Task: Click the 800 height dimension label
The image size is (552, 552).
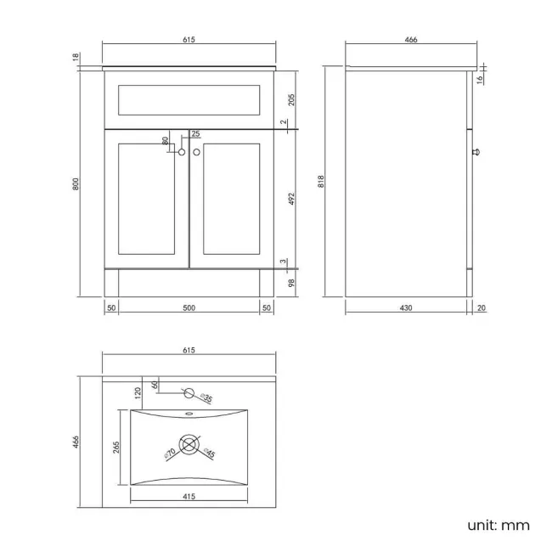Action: [x=76, y=184]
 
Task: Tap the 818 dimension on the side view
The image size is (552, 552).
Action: [x=321, y=181]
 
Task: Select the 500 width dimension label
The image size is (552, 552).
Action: [x=189, y=308]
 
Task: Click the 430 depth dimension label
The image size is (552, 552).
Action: [x=406, y=308]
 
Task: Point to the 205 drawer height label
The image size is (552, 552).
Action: [x=291, y=99]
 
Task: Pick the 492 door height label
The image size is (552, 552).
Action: [x=291, y=199]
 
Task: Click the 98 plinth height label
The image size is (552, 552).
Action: [x=291, y=283]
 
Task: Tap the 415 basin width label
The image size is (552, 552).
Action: [x=189, y=497]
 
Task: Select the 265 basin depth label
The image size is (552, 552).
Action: [x=116, y=447]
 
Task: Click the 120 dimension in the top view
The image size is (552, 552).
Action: [x=138, y=393]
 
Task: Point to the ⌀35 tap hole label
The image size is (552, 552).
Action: [x=206, y=397]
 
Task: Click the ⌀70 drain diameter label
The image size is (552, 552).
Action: [x=170, y=454]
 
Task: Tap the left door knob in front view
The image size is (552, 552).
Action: [x=182, y=152]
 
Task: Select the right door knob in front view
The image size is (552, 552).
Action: [x=196, y=152]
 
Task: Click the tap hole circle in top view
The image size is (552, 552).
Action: [x=189, y=393]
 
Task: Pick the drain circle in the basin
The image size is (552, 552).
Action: [x=189, y=445]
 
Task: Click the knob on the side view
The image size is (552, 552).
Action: [x=476, y=152]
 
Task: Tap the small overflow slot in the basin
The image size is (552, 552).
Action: [x=189, y=414]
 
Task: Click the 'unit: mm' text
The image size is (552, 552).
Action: [x=498, y=525]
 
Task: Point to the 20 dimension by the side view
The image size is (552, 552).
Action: [x=482, y=308]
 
